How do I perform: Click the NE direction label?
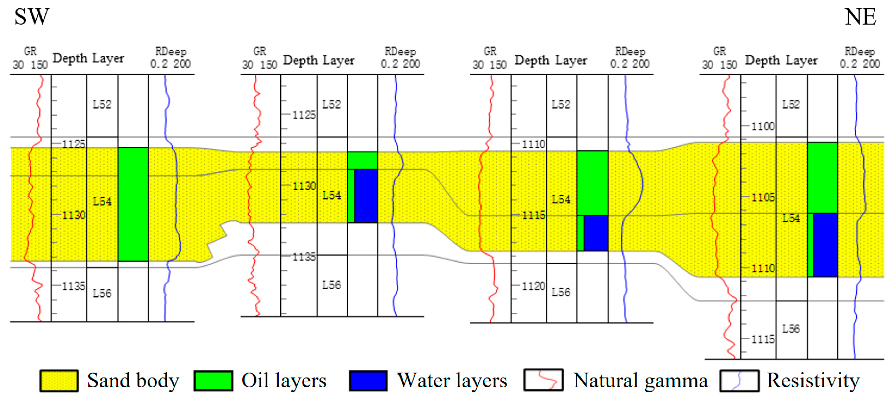tap(860, 17)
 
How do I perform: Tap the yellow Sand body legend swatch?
tap(59, 381)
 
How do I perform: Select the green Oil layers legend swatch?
tap(213, 381)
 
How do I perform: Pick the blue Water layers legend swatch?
tap(368, 381)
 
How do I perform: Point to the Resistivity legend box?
tap(740, 381)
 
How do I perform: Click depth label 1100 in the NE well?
tap(763, 126)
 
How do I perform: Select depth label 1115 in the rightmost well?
tap(763, 339)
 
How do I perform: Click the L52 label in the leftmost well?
tap(102, 104)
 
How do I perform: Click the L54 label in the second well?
tap(332, 195)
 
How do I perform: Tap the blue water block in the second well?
tap(366, 196)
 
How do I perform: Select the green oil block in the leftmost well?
tap(133, 204)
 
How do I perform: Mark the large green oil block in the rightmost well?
tap(822, 178)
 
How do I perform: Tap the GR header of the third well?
tap(490, 51)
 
